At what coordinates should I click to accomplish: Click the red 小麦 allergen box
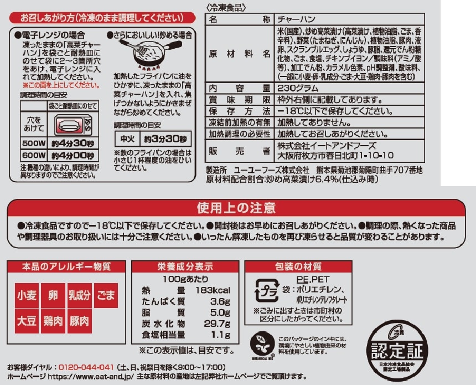click(x=27, y=295)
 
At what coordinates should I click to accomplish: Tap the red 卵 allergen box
click(x=53, y=295)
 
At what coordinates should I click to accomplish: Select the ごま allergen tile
click(x=106, y=295)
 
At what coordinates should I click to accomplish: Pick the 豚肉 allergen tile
click(x=80, y=321)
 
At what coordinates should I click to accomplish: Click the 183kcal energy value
click(x=213, y=290)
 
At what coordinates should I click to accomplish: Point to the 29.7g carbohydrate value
click(x=217, y=324)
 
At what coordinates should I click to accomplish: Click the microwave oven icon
click(x=73, y=125)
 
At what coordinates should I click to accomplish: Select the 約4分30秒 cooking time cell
click(x=73, y=143)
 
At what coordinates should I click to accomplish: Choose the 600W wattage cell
click(x=34, y=156)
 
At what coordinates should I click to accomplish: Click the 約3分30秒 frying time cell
click(x=165, y=139)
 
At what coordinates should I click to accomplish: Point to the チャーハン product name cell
click(x=349, y=19)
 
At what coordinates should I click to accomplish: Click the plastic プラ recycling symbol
click(x=267, y=290)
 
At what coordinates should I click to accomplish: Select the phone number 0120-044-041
click(x=86, y=367)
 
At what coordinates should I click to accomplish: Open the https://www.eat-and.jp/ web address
click(x=91, y=377)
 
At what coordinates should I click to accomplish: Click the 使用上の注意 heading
click(x=236, y=208)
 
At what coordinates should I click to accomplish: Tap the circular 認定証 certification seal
click(x=397, y=350)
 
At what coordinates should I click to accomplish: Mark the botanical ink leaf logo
click(x=262, y=345)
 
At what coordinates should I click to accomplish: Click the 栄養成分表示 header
click(x=185, y=266)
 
